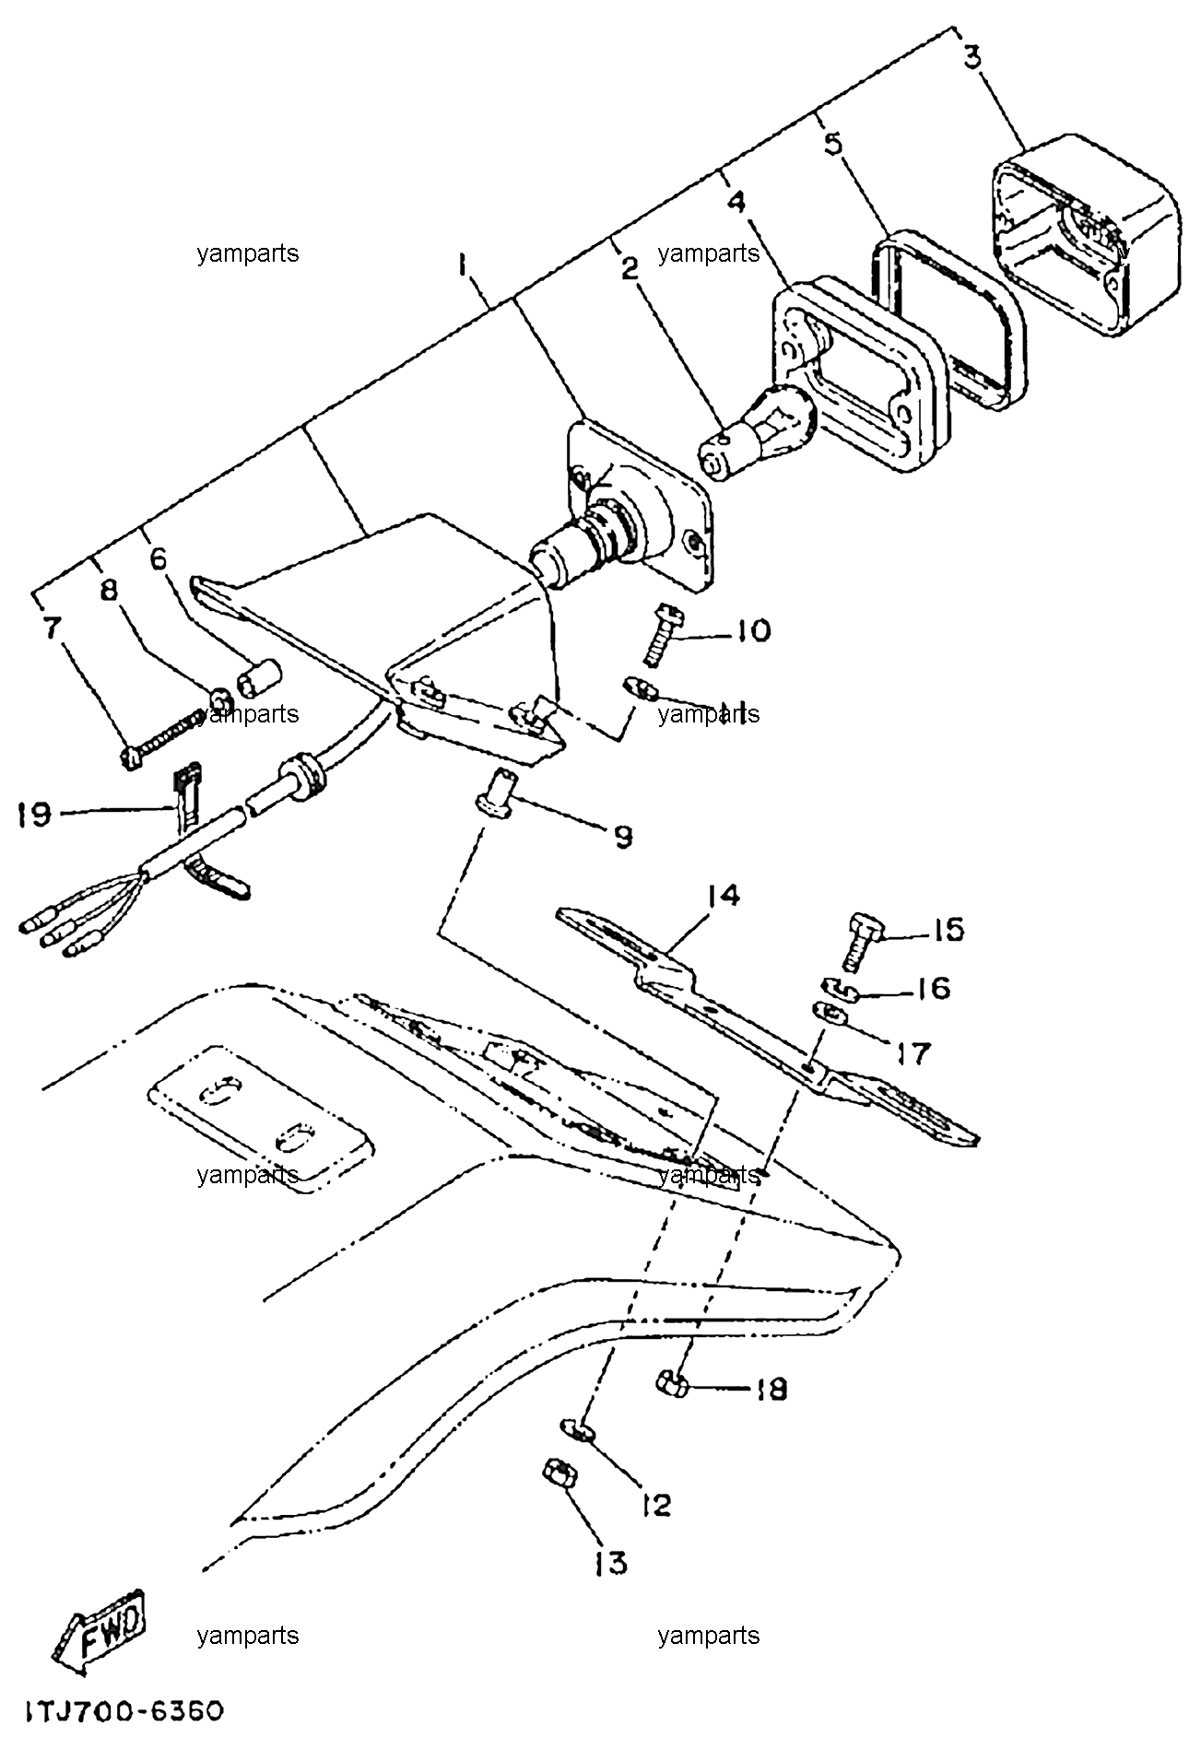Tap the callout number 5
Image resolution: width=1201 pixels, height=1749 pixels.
pyautogui.click(x=832, y=144)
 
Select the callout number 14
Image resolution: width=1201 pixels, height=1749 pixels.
pyautogui.click(x=724, y=896)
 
